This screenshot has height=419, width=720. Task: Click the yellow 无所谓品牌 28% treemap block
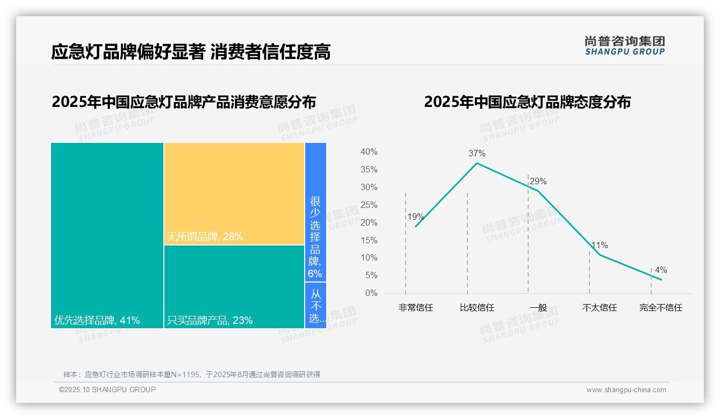coord(234,193)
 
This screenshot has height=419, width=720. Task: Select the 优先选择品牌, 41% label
coord(97,321)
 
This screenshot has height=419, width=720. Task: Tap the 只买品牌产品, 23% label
coord(210,321)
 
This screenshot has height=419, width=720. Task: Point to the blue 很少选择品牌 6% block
coord(315,212)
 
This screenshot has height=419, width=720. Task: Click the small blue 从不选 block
coord(315,305)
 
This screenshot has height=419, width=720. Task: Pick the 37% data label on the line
coord(477,153)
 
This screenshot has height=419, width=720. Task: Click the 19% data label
coord(415,217)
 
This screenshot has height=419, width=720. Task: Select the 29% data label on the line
coord(538,181)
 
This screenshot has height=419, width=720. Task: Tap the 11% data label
coord(599,245)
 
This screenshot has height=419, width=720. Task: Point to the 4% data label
coord(660,270)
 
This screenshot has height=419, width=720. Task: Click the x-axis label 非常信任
coord(415,308)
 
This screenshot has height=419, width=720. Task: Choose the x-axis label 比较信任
coord(477,308)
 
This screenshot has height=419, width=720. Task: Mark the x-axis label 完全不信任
coord(660,308)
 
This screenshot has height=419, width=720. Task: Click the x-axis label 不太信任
coord(599,308)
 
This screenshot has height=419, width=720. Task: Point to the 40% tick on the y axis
coord(369,152)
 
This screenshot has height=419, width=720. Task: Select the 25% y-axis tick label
coord(369,205)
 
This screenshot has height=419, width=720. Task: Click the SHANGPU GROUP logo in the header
coord(625,46)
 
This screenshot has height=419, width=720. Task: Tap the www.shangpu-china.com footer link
coord(626,390)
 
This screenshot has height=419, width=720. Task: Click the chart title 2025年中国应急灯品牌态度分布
coord(527,102)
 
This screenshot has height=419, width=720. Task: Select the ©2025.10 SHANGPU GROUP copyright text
coord(107,389)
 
